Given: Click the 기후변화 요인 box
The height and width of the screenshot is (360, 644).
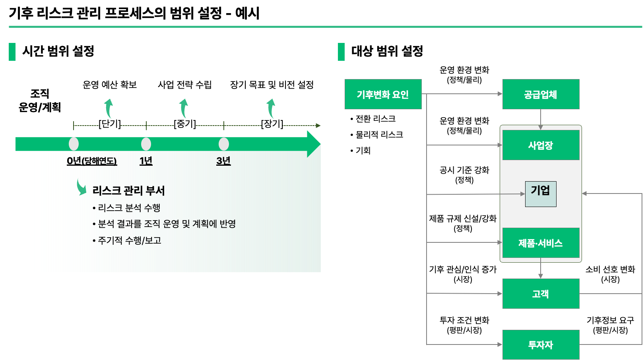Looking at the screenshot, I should (x=383, y=94).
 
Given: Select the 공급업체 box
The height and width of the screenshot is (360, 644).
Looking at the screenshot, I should (x=541, y=94).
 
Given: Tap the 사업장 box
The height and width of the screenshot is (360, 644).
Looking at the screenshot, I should (x=541, y=145).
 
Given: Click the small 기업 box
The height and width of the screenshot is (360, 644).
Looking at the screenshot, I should (x=541, y=194).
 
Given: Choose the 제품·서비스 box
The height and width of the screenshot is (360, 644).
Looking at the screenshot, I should (x=541, y=243).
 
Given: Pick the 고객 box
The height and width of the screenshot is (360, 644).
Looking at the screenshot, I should (x=541, y=294).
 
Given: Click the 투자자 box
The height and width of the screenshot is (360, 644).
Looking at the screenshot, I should (x=541, y=345).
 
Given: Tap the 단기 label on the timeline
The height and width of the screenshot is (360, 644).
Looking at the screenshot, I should (x=110, y=125).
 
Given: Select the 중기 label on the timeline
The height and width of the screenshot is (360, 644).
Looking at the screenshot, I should (x=185, y=125).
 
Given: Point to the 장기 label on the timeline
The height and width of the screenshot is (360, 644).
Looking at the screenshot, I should (x=272, y=125).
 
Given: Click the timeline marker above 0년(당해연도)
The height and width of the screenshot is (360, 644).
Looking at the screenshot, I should (x=74, y=144).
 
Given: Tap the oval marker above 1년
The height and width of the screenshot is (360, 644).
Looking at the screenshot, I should (x=146, y=144).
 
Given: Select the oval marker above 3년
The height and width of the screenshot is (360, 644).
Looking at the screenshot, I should (x=224, y=144).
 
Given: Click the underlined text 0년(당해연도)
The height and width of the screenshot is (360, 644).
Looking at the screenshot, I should (x=92, y=161).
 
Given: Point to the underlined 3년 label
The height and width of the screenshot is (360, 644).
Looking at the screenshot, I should (x=223, y=161).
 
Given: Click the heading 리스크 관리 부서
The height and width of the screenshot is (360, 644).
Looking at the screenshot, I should (x=128, y=191).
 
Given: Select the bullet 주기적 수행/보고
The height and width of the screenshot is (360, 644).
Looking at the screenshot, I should (x=129, y=240).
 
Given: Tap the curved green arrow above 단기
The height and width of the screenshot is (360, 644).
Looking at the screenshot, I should (x=109, y=108).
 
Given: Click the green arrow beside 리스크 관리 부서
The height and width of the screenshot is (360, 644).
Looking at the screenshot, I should (x=81, y=187).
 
